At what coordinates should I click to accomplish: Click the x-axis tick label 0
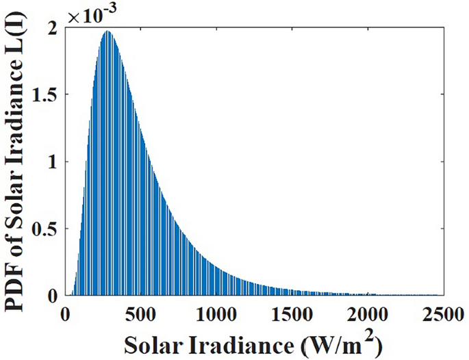[x=66, y=313]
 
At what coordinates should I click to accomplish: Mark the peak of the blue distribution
[x=107, y=31]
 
